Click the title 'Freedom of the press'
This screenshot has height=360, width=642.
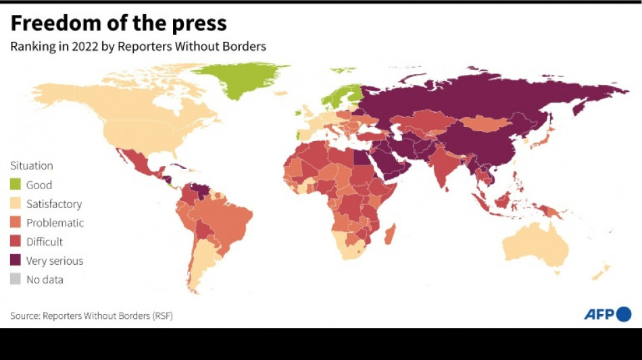(x=118, y=24)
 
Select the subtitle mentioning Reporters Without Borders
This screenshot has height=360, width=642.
(x=138, y=47)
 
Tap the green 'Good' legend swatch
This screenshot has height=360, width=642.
(x=16, y=184)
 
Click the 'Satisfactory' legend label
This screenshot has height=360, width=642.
(x=53, y=203)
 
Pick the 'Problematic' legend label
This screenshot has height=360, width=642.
(x=55, y=222)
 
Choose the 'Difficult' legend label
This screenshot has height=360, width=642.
(x=44, y=241)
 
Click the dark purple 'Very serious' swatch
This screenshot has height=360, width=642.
(x=16, y=260)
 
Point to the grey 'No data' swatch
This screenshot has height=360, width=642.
(x=16, y=279)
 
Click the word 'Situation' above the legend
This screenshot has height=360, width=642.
(x=31, y=165)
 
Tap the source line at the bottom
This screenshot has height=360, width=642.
(x=91, y=315)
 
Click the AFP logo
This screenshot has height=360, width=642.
(x=608, y=314)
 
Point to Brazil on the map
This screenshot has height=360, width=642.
(x=226, y=220)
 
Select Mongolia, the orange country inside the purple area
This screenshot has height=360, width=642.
(x=481, y=124)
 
